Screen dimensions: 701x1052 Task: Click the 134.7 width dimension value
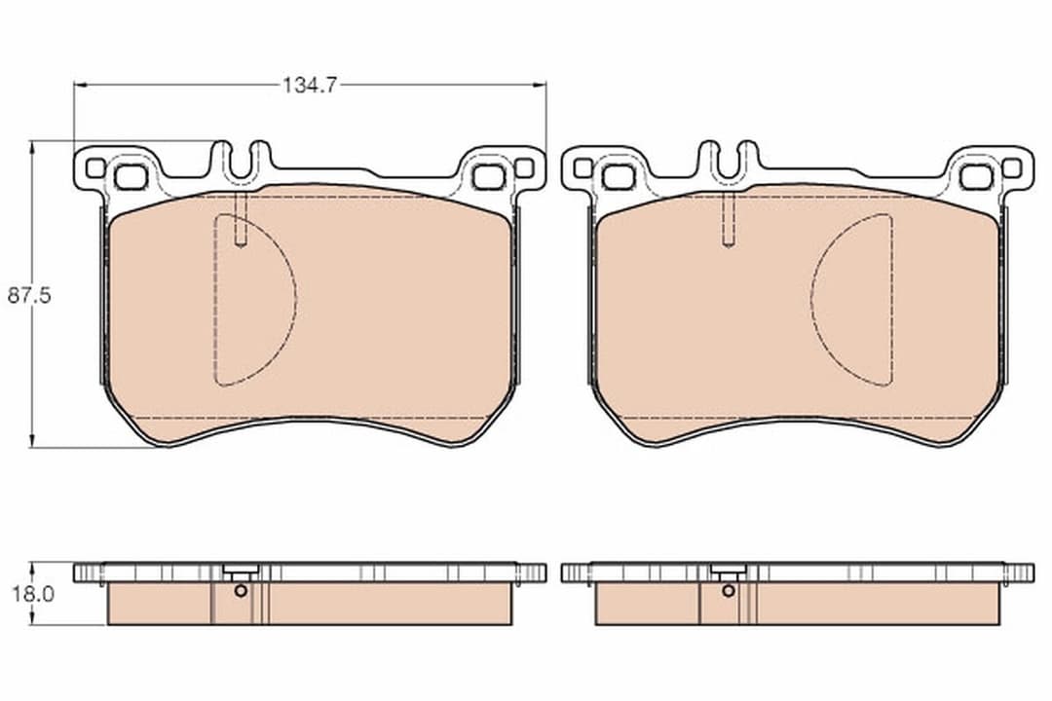tap(310, 85)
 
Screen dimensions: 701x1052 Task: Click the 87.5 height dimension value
tap(28, 296)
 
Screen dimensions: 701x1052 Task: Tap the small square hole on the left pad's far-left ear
tap(94, 167)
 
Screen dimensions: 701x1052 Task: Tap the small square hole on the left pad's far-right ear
tap(524, 167)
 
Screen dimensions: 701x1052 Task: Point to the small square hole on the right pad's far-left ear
tap(582, 167)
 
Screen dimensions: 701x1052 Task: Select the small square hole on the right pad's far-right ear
tap(1012, 167)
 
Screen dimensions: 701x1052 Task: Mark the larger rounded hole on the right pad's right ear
tap(976, 177)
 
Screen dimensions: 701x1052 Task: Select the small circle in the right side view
tap(728, 590)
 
